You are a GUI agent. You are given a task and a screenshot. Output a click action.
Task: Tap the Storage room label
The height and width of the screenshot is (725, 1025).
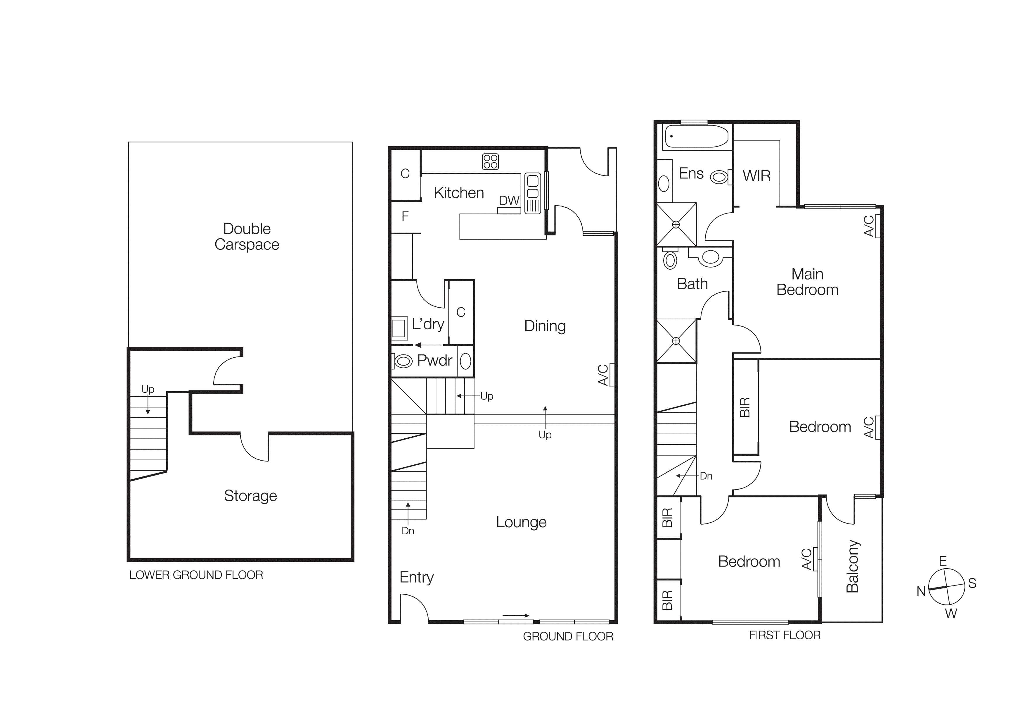pos(250,495)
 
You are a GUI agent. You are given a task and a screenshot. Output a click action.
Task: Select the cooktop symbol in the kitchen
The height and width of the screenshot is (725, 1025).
pos(490,162)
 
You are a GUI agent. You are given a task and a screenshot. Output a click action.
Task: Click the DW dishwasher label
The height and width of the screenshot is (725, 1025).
pos(509,201)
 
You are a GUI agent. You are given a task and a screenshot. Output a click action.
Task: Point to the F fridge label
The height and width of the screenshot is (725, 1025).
pos(405,217)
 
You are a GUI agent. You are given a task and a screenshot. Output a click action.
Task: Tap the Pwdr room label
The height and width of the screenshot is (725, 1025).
pos(434,360)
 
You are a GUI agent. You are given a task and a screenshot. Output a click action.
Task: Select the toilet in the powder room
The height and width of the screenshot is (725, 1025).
pos(404,361)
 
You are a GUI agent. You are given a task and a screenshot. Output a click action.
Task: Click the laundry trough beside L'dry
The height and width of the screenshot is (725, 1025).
pos(399,328)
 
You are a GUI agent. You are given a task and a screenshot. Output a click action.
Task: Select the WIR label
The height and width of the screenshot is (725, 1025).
pos(757,176)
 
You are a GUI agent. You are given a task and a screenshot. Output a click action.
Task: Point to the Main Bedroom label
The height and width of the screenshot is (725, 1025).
pos(807,282)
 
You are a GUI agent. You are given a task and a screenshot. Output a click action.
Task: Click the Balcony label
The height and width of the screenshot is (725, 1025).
pos(852,566)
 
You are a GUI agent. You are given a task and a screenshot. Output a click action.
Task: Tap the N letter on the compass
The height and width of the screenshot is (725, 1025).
pos(921,591)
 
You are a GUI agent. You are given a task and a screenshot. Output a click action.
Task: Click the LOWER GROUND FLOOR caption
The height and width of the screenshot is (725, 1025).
pos(196,575)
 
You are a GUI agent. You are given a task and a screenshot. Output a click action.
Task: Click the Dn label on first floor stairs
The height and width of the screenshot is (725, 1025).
pos(706,476)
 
